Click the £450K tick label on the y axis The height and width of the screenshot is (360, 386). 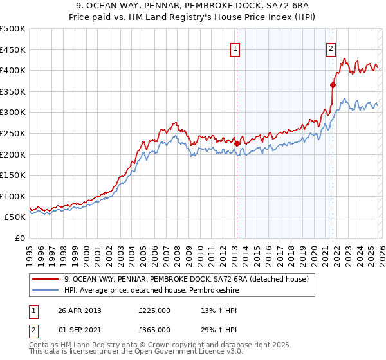(x=13, y=50)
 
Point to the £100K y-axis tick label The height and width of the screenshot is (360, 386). (x=13, y=196)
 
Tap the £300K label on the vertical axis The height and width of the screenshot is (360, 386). (x=13, y=112)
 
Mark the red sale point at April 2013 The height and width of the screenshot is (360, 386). (x=237, y=143)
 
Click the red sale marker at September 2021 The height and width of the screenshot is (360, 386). (x=333, y=85)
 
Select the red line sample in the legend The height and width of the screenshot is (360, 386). (x=46, y=279)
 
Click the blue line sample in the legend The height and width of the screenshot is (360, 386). (x=46, y=290)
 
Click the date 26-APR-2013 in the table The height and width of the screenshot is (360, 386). (x=80, y=310)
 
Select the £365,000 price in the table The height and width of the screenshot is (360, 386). (x=154, y=329)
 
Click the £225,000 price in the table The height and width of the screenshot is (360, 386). (x=154, y=310)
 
